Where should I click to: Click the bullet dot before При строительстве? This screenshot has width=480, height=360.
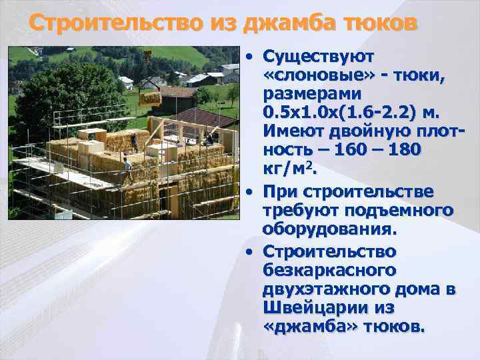tap(248, 193)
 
